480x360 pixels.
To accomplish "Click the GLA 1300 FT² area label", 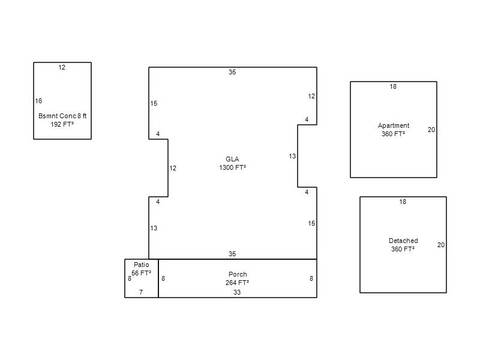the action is point(232,163).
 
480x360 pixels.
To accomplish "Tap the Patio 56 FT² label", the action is point(141,269).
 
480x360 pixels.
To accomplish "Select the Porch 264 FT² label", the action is point(237,278).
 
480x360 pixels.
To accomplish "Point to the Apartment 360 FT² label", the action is point(394,130).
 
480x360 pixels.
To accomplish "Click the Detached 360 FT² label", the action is point(403,245).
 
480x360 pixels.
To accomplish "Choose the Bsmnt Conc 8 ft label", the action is point(62,116).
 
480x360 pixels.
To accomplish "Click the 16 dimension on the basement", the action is point(38,101).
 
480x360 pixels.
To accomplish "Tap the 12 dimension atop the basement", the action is point(62,67).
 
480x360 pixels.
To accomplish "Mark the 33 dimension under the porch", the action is point(237,292).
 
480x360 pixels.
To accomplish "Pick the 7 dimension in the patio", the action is point(141,292).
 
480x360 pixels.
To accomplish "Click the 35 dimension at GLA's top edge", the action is point(232,72).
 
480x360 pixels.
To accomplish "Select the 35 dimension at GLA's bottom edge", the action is point(232,254).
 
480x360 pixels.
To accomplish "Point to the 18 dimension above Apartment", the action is point(393,86).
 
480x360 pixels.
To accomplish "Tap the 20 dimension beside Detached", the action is point(441,245).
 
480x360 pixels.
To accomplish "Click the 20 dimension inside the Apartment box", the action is point(431,130).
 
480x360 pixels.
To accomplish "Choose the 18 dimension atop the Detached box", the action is point(403,202).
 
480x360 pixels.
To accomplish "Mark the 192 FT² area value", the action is point(62,124).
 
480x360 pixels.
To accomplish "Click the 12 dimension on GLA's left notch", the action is point(173,168).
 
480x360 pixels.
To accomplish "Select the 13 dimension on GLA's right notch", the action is point(292,157).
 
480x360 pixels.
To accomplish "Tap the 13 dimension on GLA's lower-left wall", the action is point(154,228).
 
